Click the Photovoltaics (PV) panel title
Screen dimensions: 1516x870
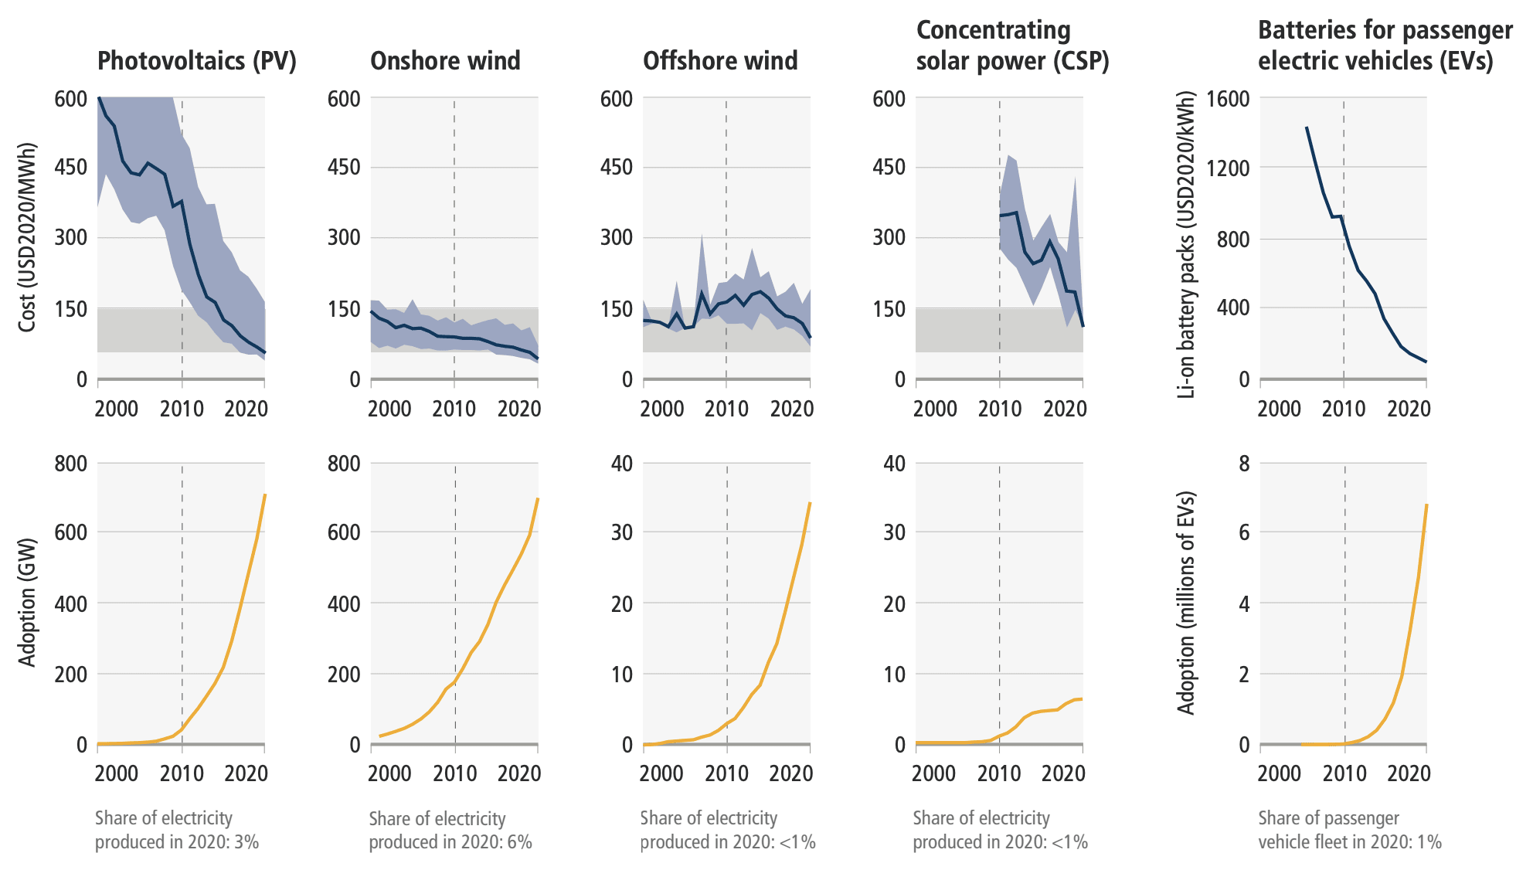(197, 61)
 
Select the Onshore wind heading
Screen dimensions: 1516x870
(445, 61)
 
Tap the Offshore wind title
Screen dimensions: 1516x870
(720, 61)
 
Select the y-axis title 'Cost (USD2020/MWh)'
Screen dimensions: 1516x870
(27, 237)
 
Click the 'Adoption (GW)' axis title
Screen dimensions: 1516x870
(27, 602)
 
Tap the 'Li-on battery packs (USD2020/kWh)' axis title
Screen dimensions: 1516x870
(1186, 244)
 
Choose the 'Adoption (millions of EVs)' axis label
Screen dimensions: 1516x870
(1186, 603)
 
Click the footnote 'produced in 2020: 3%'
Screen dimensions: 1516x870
(177, 841)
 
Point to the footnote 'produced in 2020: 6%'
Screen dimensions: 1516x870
(450, 841)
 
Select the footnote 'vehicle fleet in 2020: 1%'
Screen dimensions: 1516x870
(1350, 841)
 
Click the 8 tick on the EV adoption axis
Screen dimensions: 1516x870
(1244, 464)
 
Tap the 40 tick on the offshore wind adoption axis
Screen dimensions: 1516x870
(622, 464)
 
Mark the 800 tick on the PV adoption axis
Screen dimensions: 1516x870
(71, 464)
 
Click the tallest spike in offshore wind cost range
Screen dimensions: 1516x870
(702, 234)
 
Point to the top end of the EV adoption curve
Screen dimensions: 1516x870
(1426, 505)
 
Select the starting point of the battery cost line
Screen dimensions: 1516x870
(1307, 127)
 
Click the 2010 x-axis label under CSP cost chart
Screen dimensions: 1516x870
(1000, 409)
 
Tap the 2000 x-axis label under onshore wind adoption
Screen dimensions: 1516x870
(389, 773)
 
